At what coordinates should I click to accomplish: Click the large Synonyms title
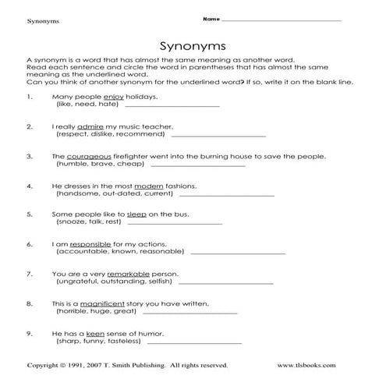click(192, 45)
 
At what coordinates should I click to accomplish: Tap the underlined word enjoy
click(113, 97)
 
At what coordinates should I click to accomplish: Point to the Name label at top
click(208, 17)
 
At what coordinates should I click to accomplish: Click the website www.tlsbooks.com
click(307, 365)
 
